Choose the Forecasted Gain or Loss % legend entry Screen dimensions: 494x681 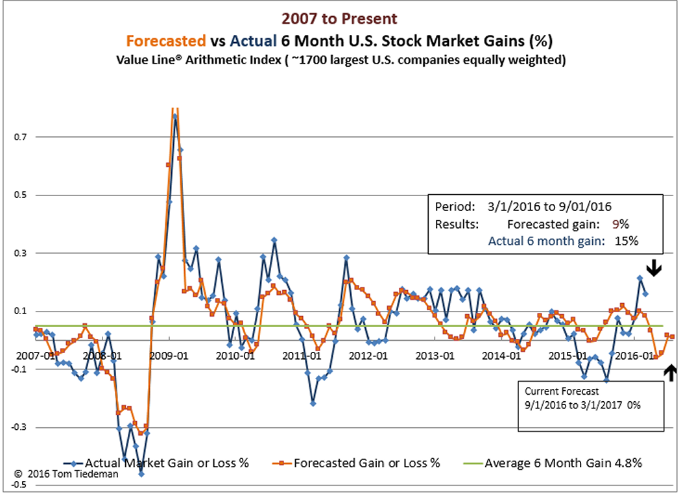(367, 463)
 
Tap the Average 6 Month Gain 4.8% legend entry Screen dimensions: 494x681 (563, 463)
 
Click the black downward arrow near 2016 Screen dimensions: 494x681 (654, 268)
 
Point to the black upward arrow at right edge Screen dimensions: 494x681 (671, 371)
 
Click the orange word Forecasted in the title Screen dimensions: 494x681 (166, 41)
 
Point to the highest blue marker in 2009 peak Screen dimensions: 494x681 (175, 117)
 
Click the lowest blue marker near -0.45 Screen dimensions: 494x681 (141, 474)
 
